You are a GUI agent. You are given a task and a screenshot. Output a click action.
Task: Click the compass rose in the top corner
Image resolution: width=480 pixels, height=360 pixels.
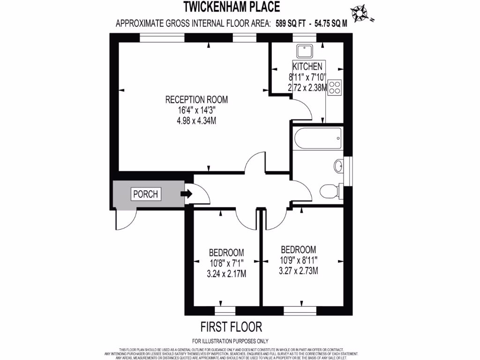pos(360,13)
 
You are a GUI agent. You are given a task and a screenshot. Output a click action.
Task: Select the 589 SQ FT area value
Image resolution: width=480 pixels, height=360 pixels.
pos(291,24)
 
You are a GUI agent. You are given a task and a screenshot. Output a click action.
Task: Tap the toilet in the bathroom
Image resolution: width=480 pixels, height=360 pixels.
pos(330,191)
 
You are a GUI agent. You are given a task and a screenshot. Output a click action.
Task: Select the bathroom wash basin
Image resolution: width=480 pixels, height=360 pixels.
pos(340,165)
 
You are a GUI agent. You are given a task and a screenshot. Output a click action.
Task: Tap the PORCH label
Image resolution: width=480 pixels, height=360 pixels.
pos(146,194)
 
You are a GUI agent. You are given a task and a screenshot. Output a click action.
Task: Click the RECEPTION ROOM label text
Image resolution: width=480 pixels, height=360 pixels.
pos(196,99)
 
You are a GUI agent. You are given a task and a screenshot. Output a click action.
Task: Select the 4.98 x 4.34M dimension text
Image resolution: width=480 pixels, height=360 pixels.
pos(196,120)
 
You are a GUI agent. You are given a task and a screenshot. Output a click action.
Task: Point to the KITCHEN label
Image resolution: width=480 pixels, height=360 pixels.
pos(307,66)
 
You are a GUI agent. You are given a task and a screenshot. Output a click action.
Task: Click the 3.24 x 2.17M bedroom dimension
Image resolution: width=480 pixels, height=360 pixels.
pos(226,274)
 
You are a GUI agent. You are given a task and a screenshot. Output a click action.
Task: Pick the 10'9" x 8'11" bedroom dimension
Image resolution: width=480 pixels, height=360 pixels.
pos(298,260)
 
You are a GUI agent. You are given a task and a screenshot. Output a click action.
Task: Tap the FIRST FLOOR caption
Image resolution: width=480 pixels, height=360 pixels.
pos(231,326)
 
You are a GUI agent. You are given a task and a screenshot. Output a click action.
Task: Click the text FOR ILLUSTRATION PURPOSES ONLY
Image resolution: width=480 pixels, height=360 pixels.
pos(230,341)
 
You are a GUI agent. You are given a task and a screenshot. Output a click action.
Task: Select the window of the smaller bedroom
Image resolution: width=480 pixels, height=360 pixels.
pos(225,310)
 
